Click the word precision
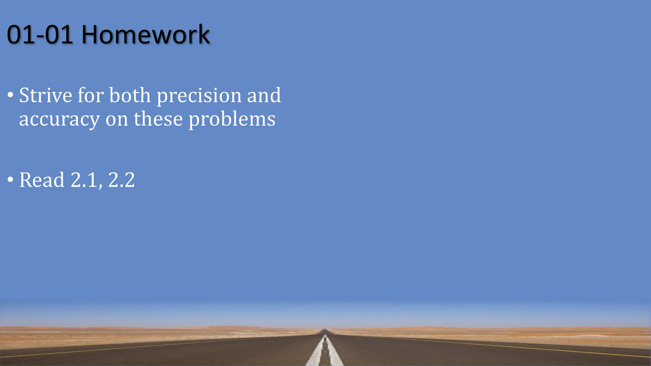pyautogui.click(x=199, y=96)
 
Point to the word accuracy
pyautogui.click(x=59, y=119)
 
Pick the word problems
pyautogui.click(x=232, y=119)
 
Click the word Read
pyautogui.click(x=42, y=180)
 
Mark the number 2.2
pyautogui.click(x=121, y=180)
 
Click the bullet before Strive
pyautogui.click(x=10, y=95)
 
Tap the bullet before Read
pyautogui.click(x=10, y=180)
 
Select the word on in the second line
pyautogui.click(x=117, y=119)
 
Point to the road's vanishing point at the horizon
pyautogui.click(x=325, y=330)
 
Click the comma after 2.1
pyautogui.click(x=100, y=186)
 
